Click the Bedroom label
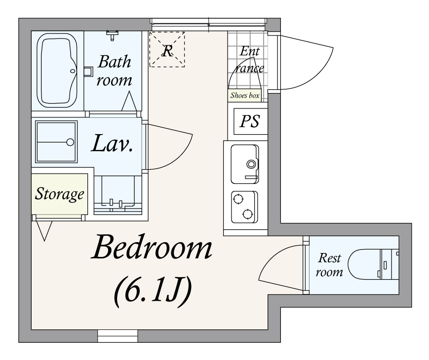[152, 247]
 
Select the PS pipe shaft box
[250, 121]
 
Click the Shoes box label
[244, 95]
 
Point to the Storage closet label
[59, 194]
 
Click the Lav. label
[113, 144]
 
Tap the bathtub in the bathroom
[57, 71]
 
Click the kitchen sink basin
[245, 164]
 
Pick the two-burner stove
[244, 207]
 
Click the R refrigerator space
[167, 49]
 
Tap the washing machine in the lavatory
[56, 142]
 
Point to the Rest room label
[329, 265]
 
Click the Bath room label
[115, 71]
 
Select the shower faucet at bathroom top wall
[112, 35]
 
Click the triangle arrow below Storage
[44, 231]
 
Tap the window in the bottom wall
[117, 336]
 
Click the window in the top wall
[208, 24]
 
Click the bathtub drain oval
[73, 71]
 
